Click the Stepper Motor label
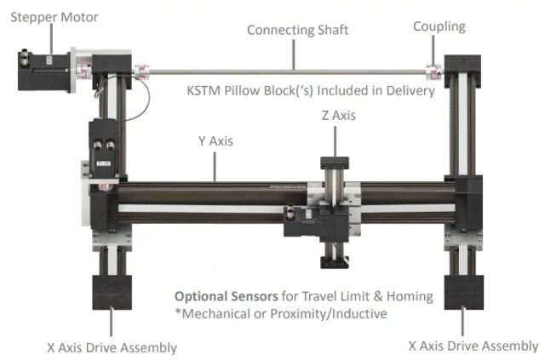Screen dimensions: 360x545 tap(54, 17)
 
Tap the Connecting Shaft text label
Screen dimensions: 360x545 tap(297, 31)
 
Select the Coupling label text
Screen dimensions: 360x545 tap(439, 26)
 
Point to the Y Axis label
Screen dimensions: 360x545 tap(216, 140)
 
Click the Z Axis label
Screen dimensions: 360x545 tap(338, 113)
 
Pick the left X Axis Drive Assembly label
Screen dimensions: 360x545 tap(112, 347)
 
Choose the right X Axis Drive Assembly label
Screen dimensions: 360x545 tap(473, 346)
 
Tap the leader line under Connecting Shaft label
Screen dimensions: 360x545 tap(295, 53)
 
